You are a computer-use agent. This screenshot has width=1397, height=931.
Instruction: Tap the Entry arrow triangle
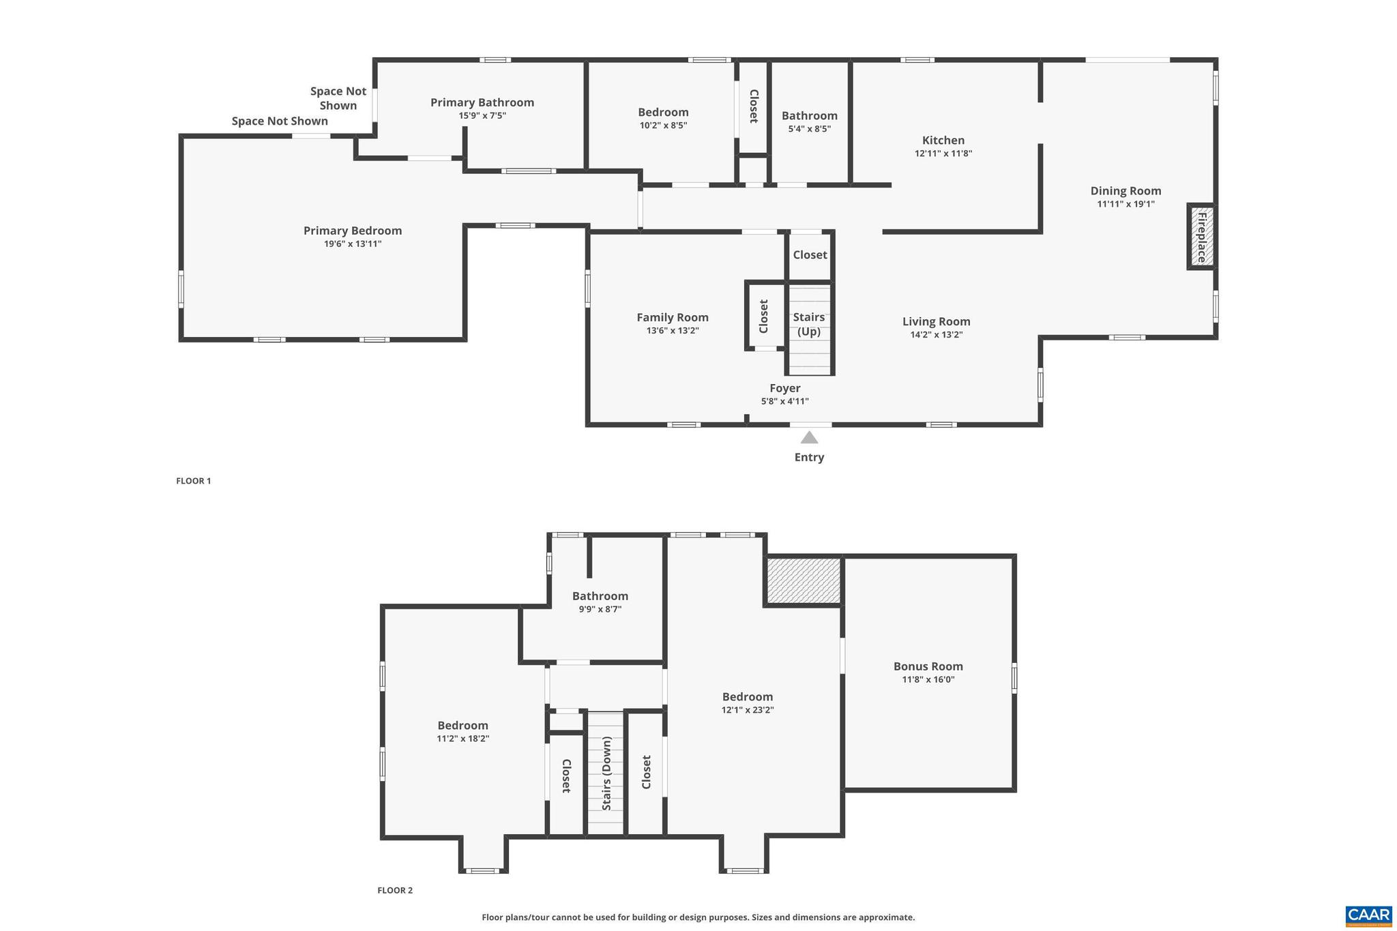click(x=809, y=438)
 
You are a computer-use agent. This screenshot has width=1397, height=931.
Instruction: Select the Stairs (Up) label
click(x=809, y=324)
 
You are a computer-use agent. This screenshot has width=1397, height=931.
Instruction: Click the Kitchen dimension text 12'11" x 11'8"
click(x=943, y=153)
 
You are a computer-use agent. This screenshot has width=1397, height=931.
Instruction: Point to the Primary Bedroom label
click(x=353, y=231)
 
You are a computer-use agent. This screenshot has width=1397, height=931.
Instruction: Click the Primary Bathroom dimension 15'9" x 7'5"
click(x=482, y=116)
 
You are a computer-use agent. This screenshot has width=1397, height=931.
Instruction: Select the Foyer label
click(x=785, y=388)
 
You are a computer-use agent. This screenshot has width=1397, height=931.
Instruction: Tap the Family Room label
click(x=673, y=317)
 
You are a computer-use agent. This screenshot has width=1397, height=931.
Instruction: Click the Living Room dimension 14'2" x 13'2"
click(x=936, y=335)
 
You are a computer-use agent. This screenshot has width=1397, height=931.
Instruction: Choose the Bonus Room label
click(x=928, y=666)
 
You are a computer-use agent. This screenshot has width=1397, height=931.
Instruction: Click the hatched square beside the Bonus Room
click(x=804, y=580)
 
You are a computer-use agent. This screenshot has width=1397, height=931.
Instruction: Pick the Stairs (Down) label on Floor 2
click(x=606, y=773)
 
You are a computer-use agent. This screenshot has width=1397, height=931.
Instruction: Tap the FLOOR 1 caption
click(x=194, y=481)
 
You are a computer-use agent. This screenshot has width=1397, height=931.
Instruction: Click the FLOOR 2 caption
click(x=395, y=890)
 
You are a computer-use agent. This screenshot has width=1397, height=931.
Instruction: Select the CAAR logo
click(x=1368, y=915)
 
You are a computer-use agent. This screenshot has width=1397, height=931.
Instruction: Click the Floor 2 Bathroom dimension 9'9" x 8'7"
click(x=600, y=610)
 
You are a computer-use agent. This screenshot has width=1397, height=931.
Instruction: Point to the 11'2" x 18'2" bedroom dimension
click(x=463, y=739)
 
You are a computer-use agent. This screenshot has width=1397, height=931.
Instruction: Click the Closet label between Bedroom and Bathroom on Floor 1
click(x=754, y=106)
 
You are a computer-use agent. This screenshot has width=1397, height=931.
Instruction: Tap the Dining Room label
click(x=1126, y=191)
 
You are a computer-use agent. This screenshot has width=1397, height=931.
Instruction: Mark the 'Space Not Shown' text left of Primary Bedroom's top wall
click(x=280, y=121)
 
